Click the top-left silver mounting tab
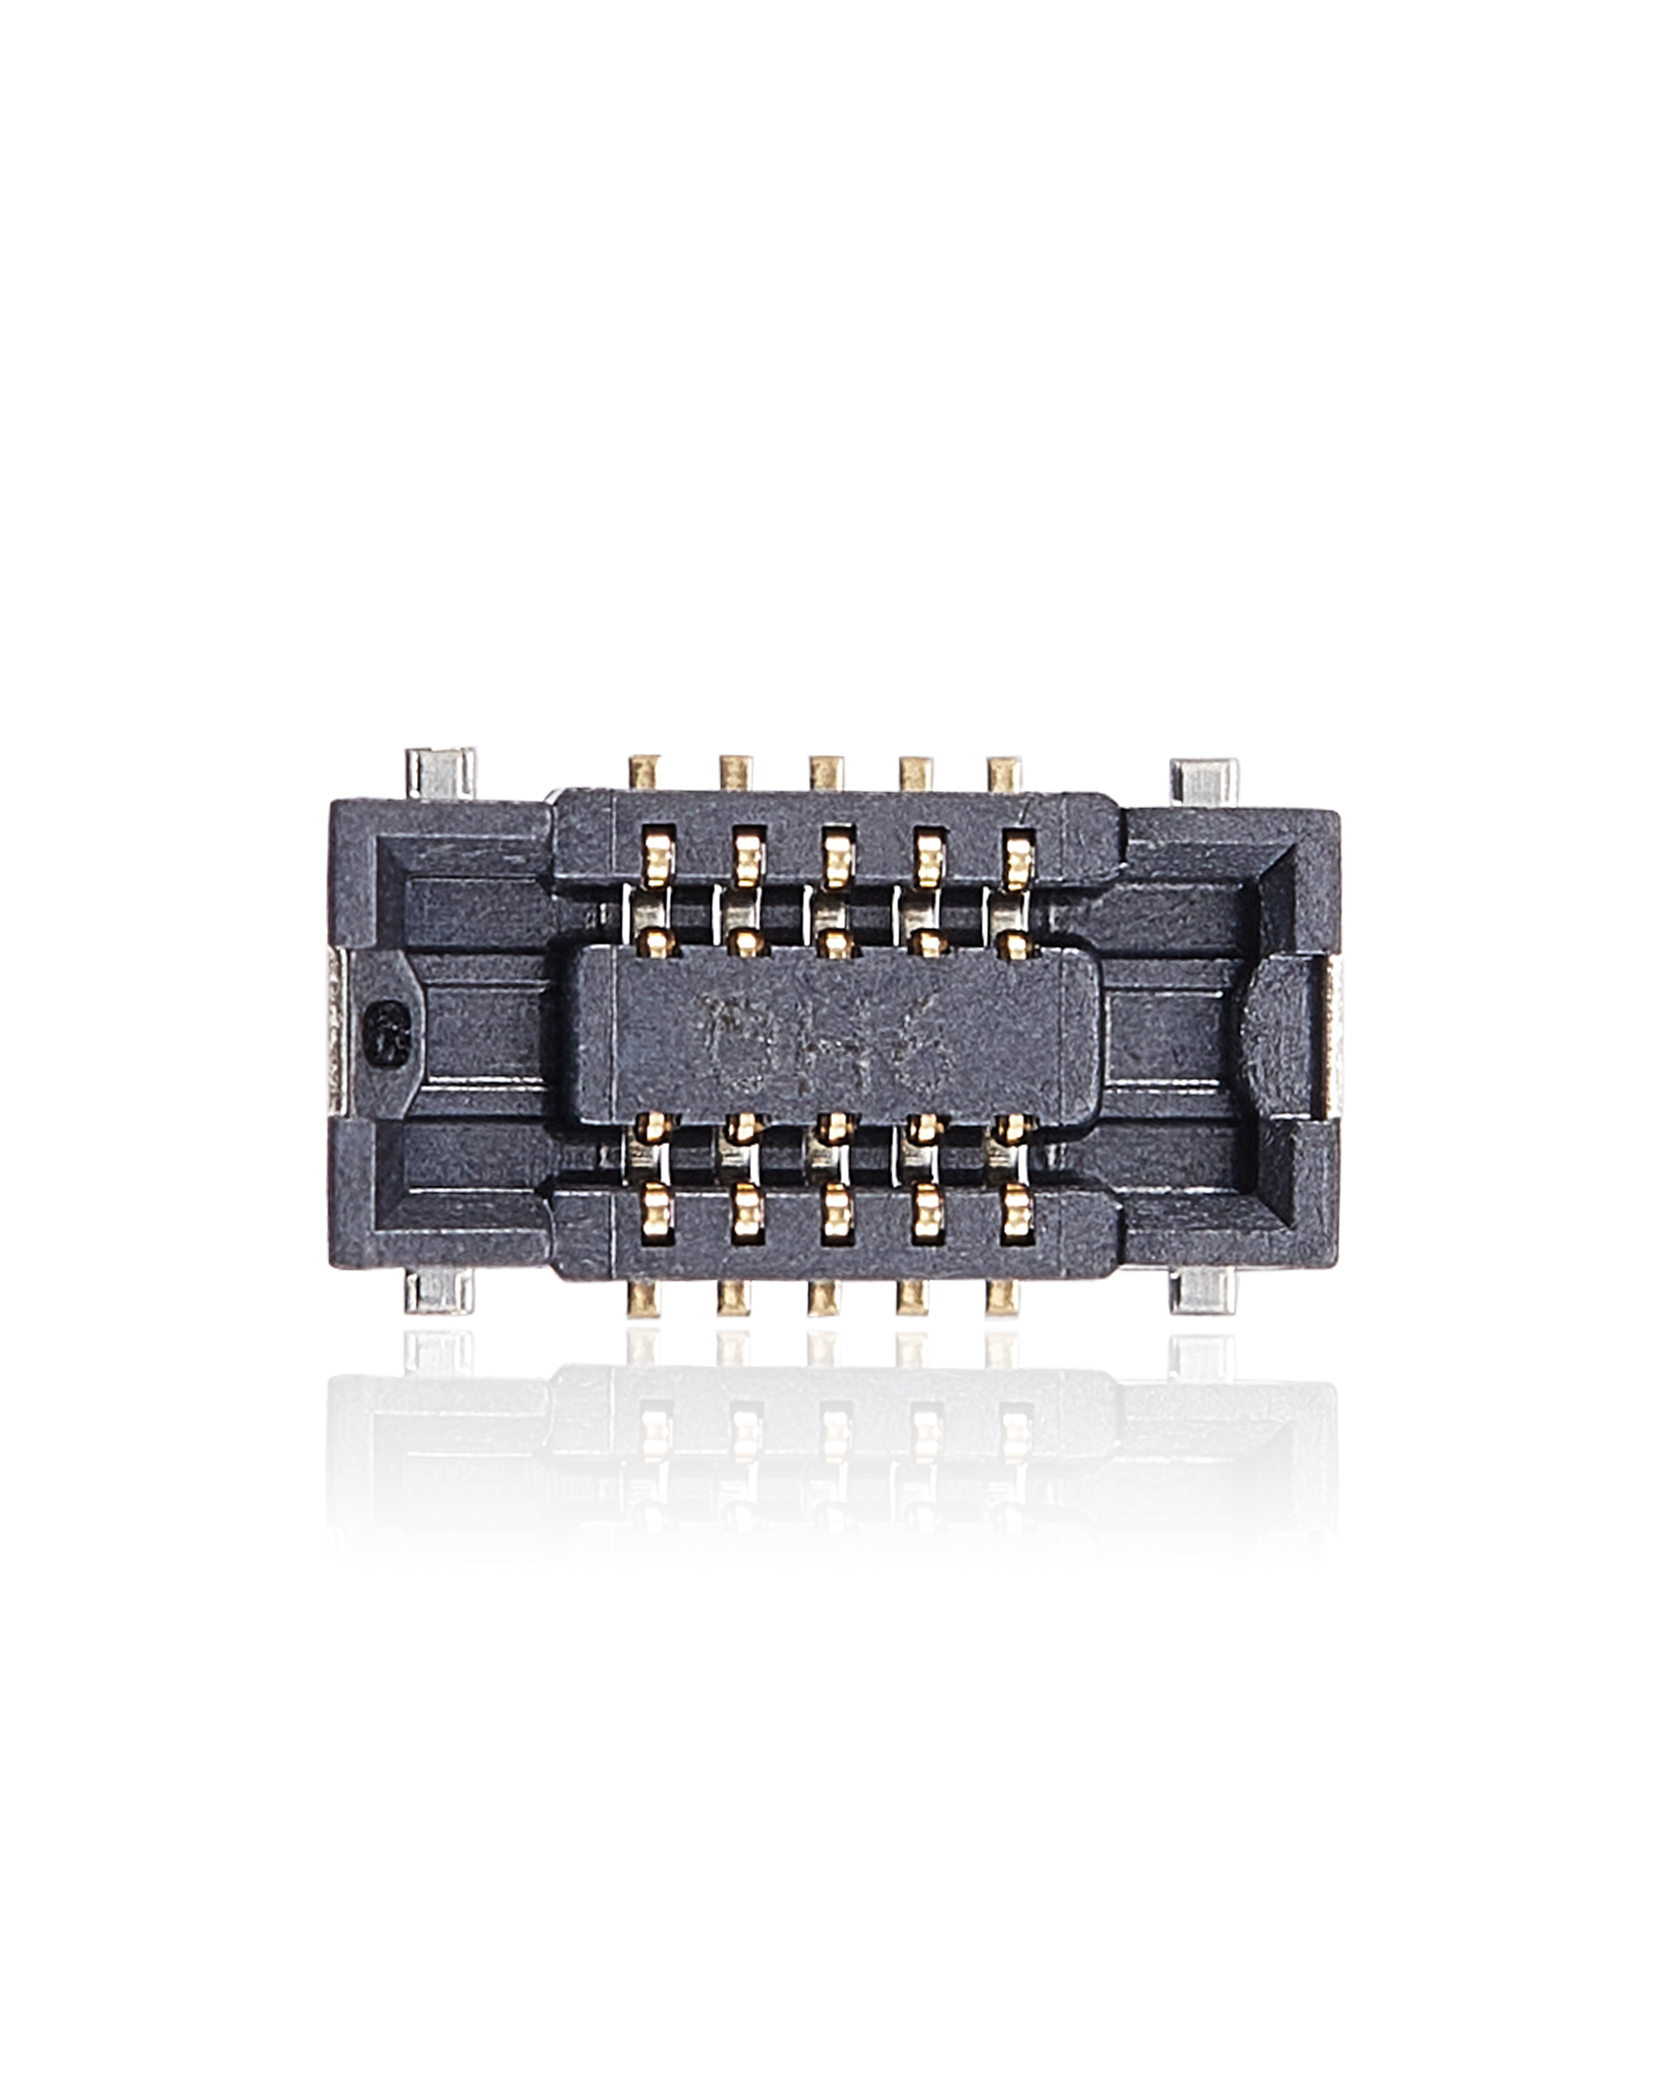click(442, 772)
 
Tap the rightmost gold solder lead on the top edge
click(1004, 772)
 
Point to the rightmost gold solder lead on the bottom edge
click(1003, 1298)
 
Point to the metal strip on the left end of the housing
click(335, 1034)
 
